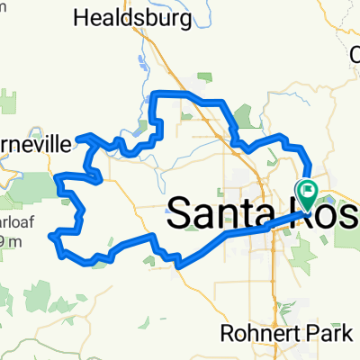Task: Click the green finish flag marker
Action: click(x=308, y=190)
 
